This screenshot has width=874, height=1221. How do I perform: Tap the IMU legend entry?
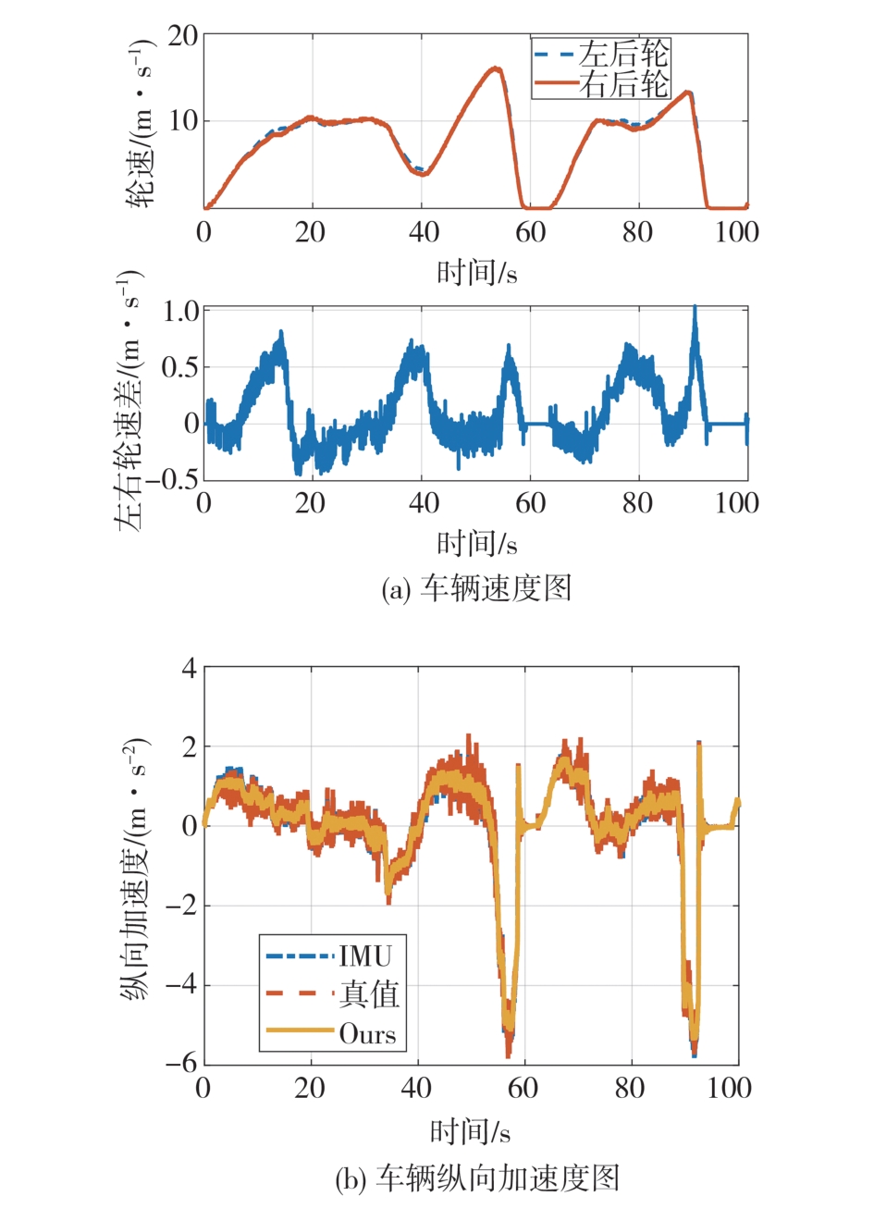coord(365,956)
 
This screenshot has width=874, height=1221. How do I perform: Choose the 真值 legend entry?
coord(369,994)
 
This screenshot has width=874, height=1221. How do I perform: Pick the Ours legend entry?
coord(367,1033)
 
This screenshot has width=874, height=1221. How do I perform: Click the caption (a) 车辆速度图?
coord(476,588)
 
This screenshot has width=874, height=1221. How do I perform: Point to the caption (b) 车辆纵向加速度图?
coord(476,1179)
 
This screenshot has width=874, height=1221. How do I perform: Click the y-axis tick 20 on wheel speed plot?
coord(183,36)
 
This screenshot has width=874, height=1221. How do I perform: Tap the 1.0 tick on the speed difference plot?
coord(181,311)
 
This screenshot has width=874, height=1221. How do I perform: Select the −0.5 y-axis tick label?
coord(172,479)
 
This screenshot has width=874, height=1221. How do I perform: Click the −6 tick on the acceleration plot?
coord(181,1064)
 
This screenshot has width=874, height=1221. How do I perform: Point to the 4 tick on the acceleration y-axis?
coord(190,668)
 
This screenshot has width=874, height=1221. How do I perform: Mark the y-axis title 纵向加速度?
coord(135,869)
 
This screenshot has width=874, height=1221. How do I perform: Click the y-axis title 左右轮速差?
coord(129,402)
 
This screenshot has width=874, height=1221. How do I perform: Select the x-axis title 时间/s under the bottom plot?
coord(470,1130)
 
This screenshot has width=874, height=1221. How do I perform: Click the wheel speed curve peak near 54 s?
coord(496,68)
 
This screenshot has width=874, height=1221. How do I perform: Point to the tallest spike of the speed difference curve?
coord(695,308)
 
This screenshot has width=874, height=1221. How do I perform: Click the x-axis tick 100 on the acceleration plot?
coord(729,1088)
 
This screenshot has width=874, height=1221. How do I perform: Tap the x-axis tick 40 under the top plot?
coord(424,232)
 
